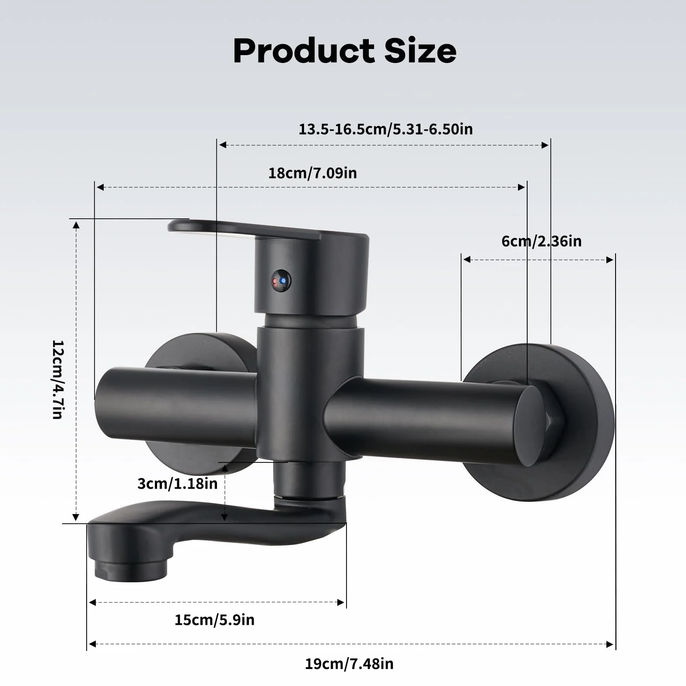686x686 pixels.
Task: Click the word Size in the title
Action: tap(420, 51)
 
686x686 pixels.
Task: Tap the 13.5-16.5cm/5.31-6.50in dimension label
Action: tap(385, 129)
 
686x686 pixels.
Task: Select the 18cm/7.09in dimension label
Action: tap(312, 173)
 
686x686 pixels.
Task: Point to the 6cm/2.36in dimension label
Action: tap(542, 241)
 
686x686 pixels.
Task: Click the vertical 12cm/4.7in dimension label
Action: tap(58, 379)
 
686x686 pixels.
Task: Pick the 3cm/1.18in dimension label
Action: tap(177, 483)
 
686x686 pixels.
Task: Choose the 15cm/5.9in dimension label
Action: tap(214, 620)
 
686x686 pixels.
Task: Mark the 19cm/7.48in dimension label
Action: tap(349, 664)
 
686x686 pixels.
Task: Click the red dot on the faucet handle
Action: tap(275, 281)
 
